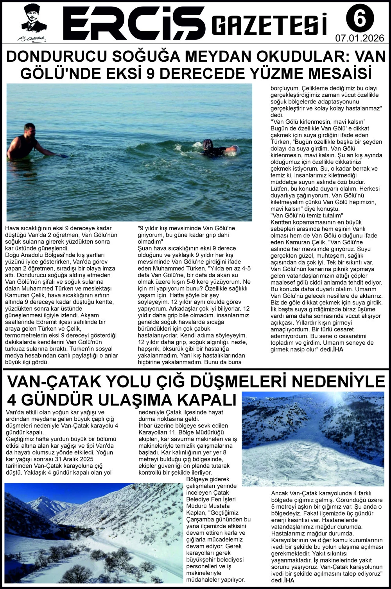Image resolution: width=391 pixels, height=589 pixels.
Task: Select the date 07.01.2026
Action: [x=359, y=38]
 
